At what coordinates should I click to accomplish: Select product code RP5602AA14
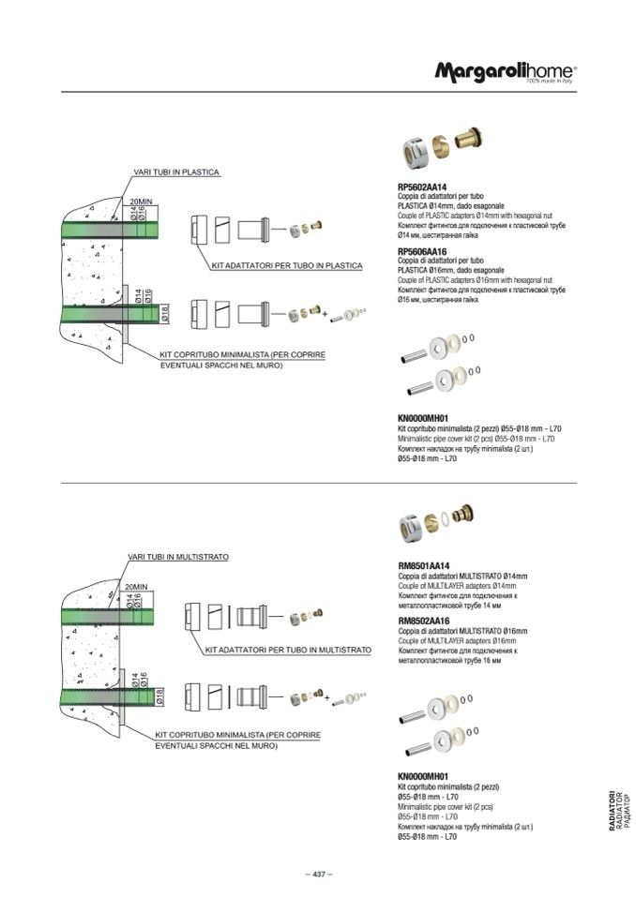tap(423, 187)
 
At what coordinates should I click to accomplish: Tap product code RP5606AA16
tap(423, 251)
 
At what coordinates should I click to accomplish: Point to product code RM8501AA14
tap(424, 565)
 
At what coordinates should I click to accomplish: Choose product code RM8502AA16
tap(424, 620)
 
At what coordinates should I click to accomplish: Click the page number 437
tap(318, 874)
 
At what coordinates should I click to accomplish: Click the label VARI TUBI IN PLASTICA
tap(176, 172)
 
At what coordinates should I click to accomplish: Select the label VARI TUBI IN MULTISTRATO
tap(178, 557)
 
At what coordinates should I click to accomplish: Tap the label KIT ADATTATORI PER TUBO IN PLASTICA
tap(287, 266)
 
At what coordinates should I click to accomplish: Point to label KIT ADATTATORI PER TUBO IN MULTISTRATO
tap(287, 650)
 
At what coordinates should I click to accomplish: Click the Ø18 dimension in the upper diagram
tap(163, 315)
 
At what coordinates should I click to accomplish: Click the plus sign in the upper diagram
tap(326, 315)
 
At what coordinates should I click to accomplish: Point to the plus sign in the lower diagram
tap(326, 698)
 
